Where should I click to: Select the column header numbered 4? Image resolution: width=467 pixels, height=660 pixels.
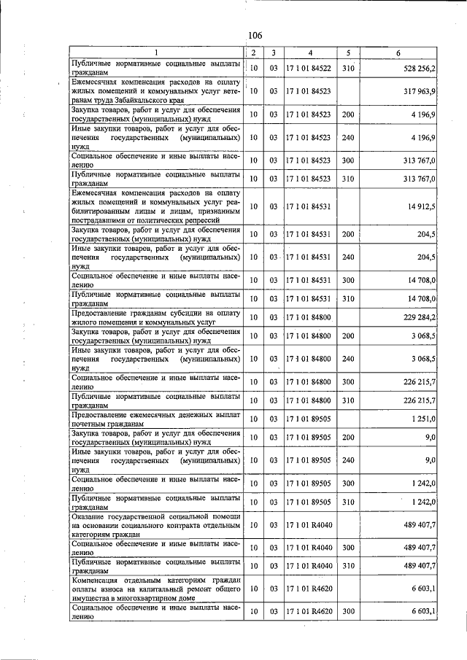pos(310,53)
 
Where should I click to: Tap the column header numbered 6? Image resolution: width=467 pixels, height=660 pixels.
pos(398,53)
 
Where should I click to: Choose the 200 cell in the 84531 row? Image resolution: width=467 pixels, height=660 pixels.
pos(348,234)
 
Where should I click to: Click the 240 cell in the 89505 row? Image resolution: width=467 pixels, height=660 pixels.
pos(348,460)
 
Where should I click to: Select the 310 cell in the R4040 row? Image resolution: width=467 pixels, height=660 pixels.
pos(348,566)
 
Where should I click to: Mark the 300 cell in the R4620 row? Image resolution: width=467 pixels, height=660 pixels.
pos(348,611)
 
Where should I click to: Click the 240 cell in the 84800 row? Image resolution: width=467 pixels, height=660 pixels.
pos(348,359)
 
